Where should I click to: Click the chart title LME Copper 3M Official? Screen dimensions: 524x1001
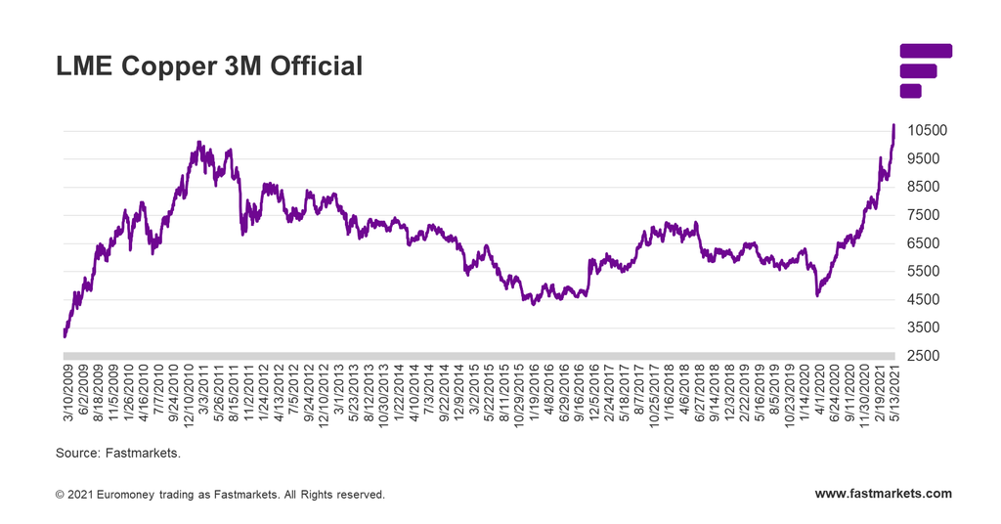tap(209, 66)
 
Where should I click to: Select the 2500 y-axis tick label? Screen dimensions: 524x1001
tap(923, 356)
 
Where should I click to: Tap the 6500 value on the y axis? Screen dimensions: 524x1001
tap(923, 243)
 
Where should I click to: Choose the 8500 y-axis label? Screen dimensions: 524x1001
tap(923, 187)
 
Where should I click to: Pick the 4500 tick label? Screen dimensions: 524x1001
tap(923, 300)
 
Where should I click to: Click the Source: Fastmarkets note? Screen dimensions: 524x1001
tap(118, 454)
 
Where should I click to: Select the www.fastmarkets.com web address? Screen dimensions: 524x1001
tap(883, 494)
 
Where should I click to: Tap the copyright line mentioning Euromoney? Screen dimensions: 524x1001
tap(221, 495)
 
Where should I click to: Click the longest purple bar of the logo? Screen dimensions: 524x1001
tap(925, 51)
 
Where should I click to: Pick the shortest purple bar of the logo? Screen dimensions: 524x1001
tap(910, 91)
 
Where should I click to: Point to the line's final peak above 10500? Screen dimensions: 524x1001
tap(893, 125)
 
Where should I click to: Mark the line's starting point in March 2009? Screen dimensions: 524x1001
tap(65, 336)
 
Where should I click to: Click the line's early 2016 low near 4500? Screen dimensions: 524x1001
tap(533, 304)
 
